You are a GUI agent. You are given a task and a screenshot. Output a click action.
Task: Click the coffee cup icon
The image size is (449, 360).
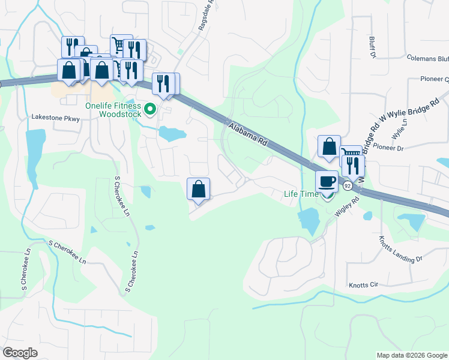point(327,181)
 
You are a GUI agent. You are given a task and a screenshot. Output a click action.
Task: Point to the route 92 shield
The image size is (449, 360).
point(348,186)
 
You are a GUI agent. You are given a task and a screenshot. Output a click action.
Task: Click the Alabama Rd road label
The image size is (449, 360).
point(247,133)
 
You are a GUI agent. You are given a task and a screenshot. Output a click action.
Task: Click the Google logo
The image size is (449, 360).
point(20,353)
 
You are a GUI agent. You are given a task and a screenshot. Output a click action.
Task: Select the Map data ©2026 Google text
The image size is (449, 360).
point(412,355)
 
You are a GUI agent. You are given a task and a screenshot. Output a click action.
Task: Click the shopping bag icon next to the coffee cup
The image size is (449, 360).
point(330,146)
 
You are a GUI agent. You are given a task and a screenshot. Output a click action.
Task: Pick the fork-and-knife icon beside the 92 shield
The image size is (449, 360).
point(354,165)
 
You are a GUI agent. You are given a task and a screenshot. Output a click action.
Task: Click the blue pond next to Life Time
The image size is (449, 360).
point(309,221)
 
